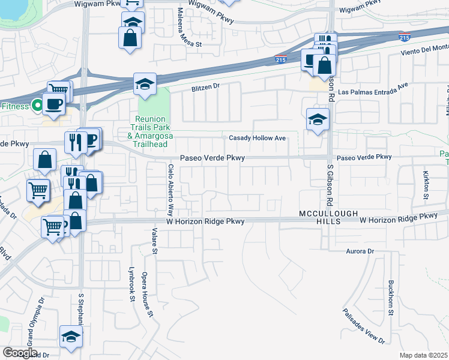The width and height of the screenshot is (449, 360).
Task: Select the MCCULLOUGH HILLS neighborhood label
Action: pos(329,217)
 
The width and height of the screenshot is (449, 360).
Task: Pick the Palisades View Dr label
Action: pos(364,326)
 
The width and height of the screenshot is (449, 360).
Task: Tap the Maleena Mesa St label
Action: pos(183,28)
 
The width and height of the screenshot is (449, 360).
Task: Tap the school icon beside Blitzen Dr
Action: pos(145,85)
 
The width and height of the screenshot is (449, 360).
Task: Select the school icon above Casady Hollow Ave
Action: pos(318,119)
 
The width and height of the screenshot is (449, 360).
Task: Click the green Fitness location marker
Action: pos(37,106)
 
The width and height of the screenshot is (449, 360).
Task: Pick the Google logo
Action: pos(19,353)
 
